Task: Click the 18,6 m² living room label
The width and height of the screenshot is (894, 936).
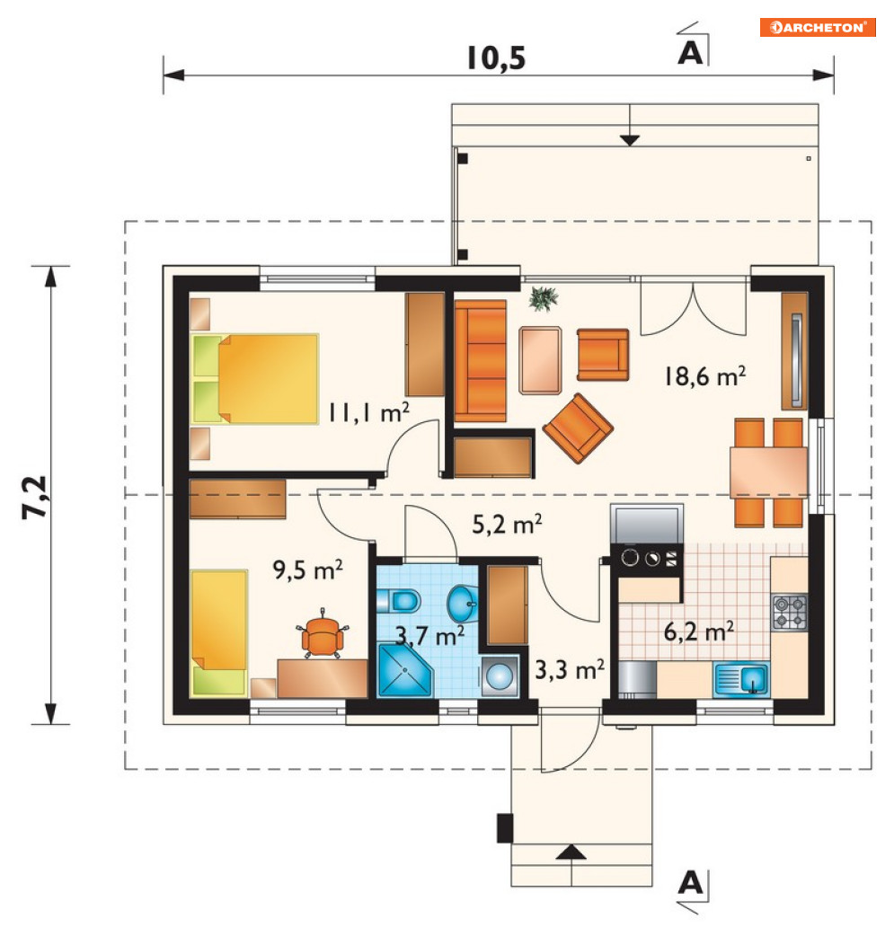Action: click(704, 376)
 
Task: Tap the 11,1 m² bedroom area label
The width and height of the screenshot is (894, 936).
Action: click(368, 412)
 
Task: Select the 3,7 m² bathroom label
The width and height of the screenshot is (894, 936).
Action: click(430, 636)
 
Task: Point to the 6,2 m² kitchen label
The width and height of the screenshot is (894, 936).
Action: click(699, 631)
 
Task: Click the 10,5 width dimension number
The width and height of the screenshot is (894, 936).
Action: click(496, 58)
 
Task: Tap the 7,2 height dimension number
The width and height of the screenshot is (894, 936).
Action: click(35, 497)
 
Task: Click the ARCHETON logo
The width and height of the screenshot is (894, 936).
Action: click(818, 28)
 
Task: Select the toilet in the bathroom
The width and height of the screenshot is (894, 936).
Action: click(399, 601)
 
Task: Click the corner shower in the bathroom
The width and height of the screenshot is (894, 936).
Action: click(404, 669)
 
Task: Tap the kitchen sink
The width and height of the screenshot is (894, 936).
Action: click(742, 679)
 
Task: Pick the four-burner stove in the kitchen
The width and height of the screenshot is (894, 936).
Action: click(789, 613)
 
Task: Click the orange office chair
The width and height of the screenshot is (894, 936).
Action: click(323, 634)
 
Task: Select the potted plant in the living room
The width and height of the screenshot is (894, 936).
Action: click(544, 298)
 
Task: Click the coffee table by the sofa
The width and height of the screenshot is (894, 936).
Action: click(540, 360)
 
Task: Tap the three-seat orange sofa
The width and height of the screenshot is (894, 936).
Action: click(480, 361)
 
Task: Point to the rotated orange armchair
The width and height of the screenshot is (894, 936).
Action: click(578, 428)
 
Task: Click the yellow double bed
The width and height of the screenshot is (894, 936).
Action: click(254, 378)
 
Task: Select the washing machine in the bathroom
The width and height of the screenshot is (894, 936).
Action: click(500, 676)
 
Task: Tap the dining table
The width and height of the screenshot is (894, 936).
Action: click(768, 472)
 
